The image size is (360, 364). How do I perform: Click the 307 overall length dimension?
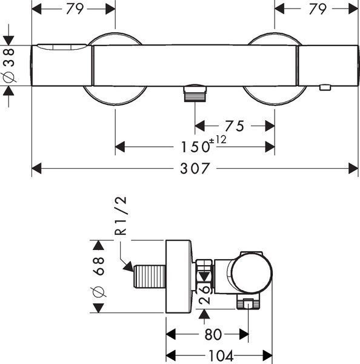pos(195,168)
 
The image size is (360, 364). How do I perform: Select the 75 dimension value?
pos(235,126)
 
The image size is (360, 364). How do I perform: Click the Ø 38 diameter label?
pos(9,66)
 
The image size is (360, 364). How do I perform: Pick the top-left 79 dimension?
pos(75,9)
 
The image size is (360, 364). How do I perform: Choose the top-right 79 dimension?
pos(318,9)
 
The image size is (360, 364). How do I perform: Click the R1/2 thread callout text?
pos(121,215)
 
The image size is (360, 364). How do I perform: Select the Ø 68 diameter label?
pos(99,277)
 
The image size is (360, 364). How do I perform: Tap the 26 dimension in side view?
pos(204,294)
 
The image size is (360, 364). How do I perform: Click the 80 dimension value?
pos(213,334)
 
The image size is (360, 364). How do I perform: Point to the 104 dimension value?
pos(221,356)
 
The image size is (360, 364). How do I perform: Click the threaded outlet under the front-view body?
pos(195,93)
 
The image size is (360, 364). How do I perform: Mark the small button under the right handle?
pos(325,87)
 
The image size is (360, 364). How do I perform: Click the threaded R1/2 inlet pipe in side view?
pos(150,277)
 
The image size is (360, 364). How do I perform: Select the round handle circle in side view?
pos(252,273)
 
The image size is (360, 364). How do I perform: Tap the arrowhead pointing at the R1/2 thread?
pos(128,266)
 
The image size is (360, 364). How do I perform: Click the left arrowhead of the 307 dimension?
pos(36,168)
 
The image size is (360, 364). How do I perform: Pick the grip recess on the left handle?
pos(62,47)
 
